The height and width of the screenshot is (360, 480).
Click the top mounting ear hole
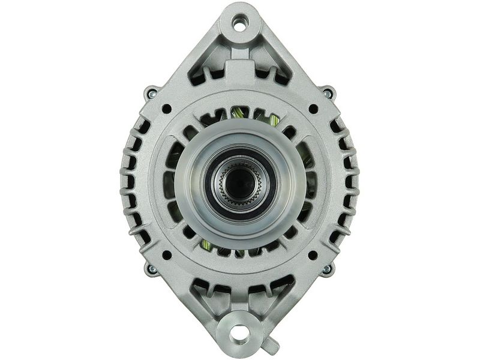[x=240, y=25]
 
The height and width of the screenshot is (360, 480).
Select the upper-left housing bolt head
[x=150, y=93]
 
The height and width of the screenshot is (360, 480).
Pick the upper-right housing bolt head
[x=328, y=93]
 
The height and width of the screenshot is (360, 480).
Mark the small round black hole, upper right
[x=313, y=109]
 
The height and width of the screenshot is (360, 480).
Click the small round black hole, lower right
[x=313, y=255]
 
